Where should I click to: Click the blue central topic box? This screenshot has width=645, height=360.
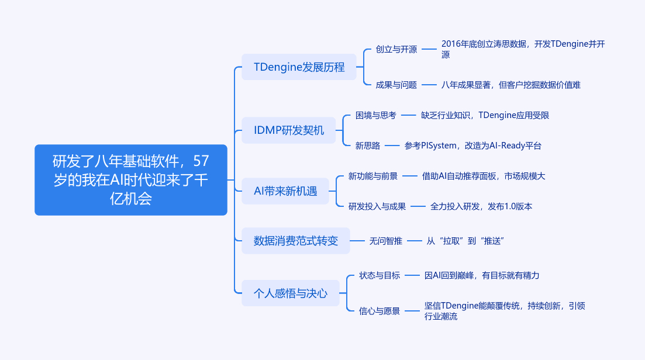click(x=131, y=180)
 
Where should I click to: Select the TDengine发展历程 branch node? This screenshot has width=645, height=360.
click(x=299, y=67)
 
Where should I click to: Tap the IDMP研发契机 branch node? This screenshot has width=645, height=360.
click(x=289, y=130)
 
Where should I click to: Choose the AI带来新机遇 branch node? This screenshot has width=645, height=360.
click(x=285, y=191)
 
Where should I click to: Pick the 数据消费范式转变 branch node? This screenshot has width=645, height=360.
click(x=296, y=241)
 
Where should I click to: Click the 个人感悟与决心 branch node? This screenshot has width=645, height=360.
click(x=291, y=293)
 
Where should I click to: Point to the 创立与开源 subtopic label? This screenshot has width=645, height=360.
click(x=396, y=49)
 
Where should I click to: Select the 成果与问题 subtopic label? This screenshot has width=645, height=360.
click(x=396, y=85)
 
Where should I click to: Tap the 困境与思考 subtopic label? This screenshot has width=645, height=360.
click(x=375, y=116)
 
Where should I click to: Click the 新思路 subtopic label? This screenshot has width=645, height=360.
click(x=368, y=146)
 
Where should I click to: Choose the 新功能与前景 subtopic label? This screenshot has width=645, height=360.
click(x=372, y=176)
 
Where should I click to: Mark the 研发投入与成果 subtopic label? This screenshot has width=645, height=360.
click(x=377, y=206)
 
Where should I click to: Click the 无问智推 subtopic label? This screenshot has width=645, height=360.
click(x=385, y=241)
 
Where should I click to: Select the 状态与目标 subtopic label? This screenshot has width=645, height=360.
click(x=380, y=275)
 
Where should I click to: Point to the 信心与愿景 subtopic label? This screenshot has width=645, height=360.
click(x=380, y=311)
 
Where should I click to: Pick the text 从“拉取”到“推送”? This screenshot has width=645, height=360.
click(x=465, y=241)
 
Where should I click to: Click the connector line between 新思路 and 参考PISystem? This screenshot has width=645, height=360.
click(x=392, y=146)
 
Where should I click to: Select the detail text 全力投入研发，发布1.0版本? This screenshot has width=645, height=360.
click(x=481, y=206)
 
